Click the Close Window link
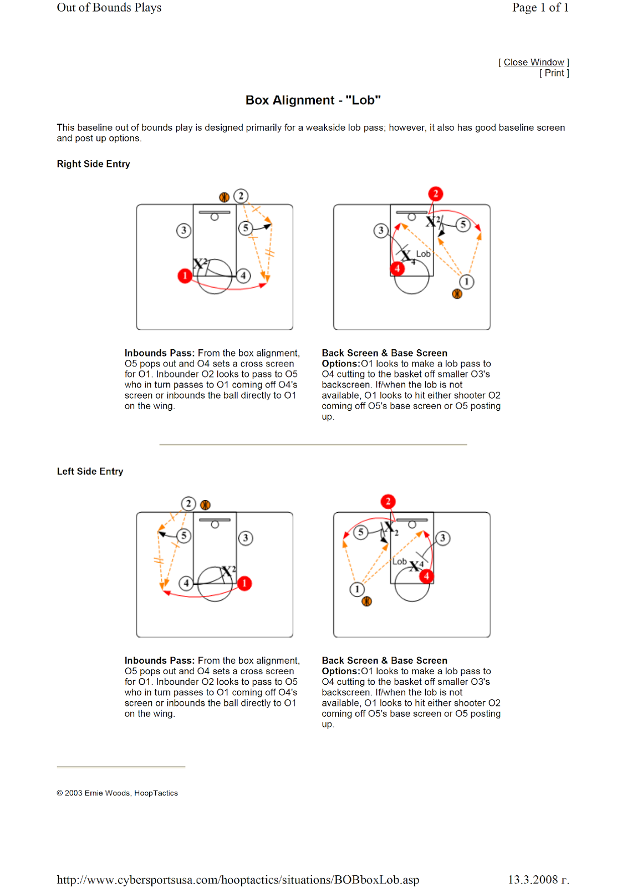[x=533, y=62]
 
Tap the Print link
[x=554, y=73]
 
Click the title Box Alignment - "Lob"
[x=313, y=100]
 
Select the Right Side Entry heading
[x=93, y=164]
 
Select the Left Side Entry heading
[x=90, y=471]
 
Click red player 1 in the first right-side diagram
[x=185, y=276]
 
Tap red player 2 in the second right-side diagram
[x=436, y=193]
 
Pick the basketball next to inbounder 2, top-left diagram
[x=224, y=197]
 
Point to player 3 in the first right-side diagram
[x=183, y=230]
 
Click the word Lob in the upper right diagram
[x=423, y=254]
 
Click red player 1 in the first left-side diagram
[x=244, y=583]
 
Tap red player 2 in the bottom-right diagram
[x=388, y=502]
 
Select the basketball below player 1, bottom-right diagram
[x=366, y=601]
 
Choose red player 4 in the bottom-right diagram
[x=426, y=577]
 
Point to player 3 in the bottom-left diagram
[x=246, y=538]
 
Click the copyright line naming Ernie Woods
[x=118, y=793]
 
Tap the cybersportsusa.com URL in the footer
[x=238, y=880]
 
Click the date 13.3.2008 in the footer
[x=538, y=880]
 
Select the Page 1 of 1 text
[x=541, y=8]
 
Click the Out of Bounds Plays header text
[x=109, y=8]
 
